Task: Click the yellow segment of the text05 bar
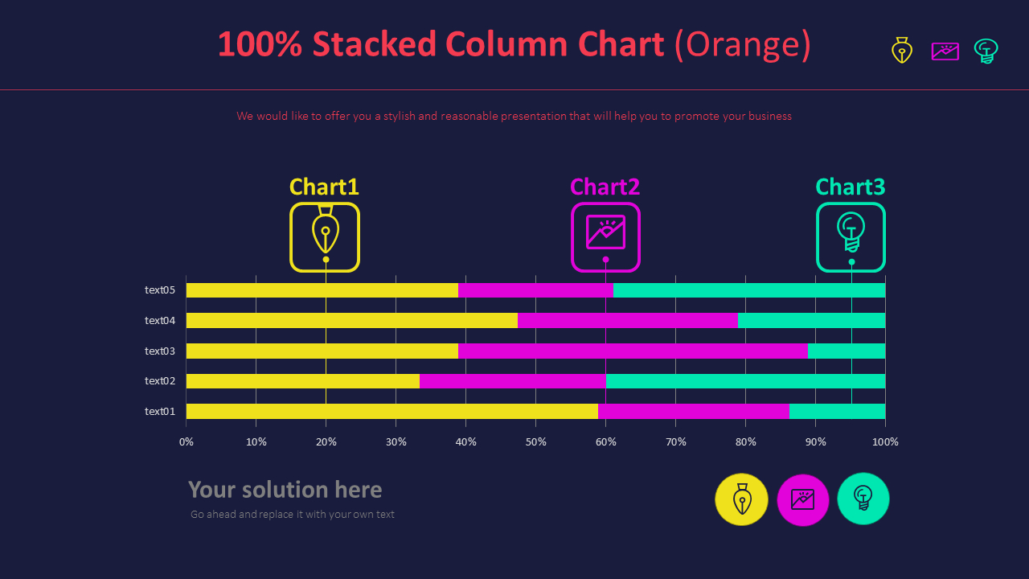[322, 290]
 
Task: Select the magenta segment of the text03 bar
[633, 351]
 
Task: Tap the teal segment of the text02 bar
[745, 381]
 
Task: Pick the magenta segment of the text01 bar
[693, 411]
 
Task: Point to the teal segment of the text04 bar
[811, 320]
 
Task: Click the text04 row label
[160, 320]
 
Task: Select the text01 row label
[160, 411]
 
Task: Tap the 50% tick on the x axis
[535, 441]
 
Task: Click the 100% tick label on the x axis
[885, 441]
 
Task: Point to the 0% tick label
[187, 441]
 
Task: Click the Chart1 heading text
[324, 187]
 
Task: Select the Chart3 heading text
[850, 187]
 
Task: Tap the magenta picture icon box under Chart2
[605, 236]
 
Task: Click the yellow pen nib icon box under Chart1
[325, 236]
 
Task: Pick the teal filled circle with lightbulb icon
[863, 499]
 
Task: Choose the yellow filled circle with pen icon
[741, 499]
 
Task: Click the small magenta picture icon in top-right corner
[945, 51]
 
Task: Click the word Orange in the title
[743, 45]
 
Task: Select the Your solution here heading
[285, 490]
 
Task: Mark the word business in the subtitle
[769, 116]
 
